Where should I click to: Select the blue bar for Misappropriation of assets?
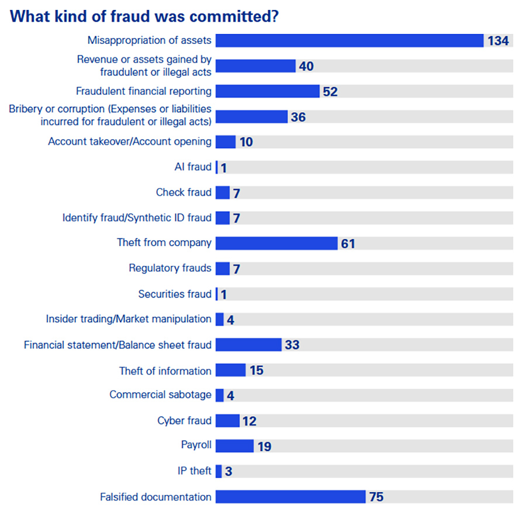(x=349, y=40)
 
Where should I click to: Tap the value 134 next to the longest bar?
(x=498, y=41)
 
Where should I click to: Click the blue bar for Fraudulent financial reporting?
(x=267, y=91)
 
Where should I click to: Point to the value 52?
(x=330, y=92)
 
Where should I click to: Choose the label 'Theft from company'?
(x=164, y=243)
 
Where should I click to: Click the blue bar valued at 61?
(x=276, y=243)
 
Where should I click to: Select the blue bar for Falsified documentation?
(x=290, y=497)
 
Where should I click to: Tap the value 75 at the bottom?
(x=376, y=497)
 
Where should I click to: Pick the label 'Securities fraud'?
(x=175, y=294)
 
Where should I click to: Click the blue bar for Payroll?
(x=234, y=446)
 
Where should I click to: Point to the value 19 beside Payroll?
(x=264, y=447)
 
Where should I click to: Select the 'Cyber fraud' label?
(x=184, y=421)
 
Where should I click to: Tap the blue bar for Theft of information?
(x=230, y=370)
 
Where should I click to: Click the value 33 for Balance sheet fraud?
(x=292, y=345)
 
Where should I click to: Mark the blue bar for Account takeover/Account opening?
(x=226, y=142)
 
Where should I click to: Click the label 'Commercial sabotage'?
(x=160, y=395)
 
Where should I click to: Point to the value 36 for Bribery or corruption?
(x=298, y=117)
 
